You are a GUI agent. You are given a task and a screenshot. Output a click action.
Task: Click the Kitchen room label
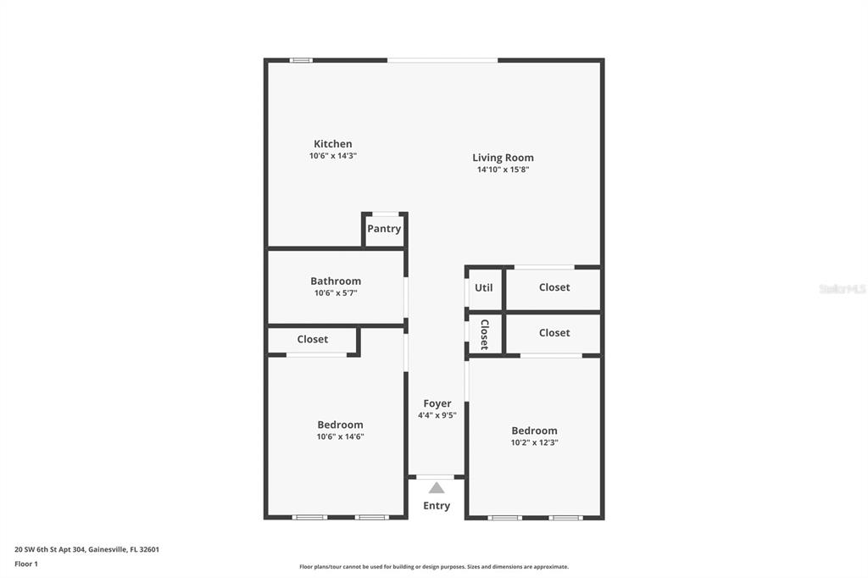click(x=332, y=144)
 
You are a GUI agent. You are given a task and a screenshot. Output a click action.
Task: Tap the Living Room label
click(x=503, y=158)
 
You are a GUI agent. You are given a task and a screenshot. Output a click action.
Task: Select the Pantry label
click(x=384, y=229)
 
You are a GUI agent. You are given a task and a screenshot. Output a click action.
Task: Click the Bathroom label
click(x=335, y=281)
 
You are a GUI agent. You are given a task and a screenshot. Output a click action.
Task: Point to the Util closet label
click(x=483, y=288)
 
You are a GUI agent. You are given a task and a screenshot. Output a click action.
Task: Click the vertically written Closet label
click(x=484, y=334)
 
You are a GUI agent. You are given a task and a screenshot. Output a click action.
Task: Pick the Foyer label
click(x=437, y=403)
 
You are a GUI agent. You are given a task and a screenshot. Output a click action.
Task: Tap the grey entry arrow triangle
click(x=437, y=488)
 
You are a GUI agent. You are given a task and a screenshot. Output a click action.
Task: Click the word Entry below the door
click(x=437, y=506)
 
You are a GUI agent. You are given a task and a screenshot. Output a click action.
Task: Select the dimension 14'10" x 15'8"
click(x=503, y=170)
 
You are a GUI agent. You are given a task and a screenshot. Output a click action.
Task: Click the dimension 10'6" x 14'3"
click(x=332, y=156)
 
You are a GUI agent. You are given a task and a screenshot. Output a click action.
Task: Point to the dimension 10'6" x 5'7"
click(x=335, y=293)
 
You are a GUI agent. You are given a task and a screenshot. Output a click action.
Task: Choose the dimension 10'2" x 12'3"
click(x=534, y=442)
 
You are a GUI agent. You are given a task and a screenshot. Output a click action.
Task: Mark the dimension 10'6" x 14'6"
click(x=340, y=436)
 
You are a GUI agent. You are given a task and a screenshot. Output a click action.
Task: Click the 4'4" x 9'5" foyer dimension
click(x=437, y=415)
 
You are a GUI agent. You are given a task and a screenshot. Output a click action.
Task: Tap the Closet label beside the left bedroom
click(x=312, y=340)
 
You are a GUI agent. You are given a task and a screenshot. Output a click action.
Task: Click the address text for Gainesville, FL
click(x=86, y=549)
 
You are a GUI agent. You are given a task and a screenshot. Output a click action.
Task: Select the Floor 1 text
click(x=26, y=564)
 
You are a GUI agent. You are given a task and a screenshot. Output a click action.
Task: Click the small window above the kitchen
click(x=301, y=60)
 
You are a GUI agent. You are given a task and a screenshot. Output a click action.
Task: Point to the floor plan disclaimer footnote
click(x=433, y=567)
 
